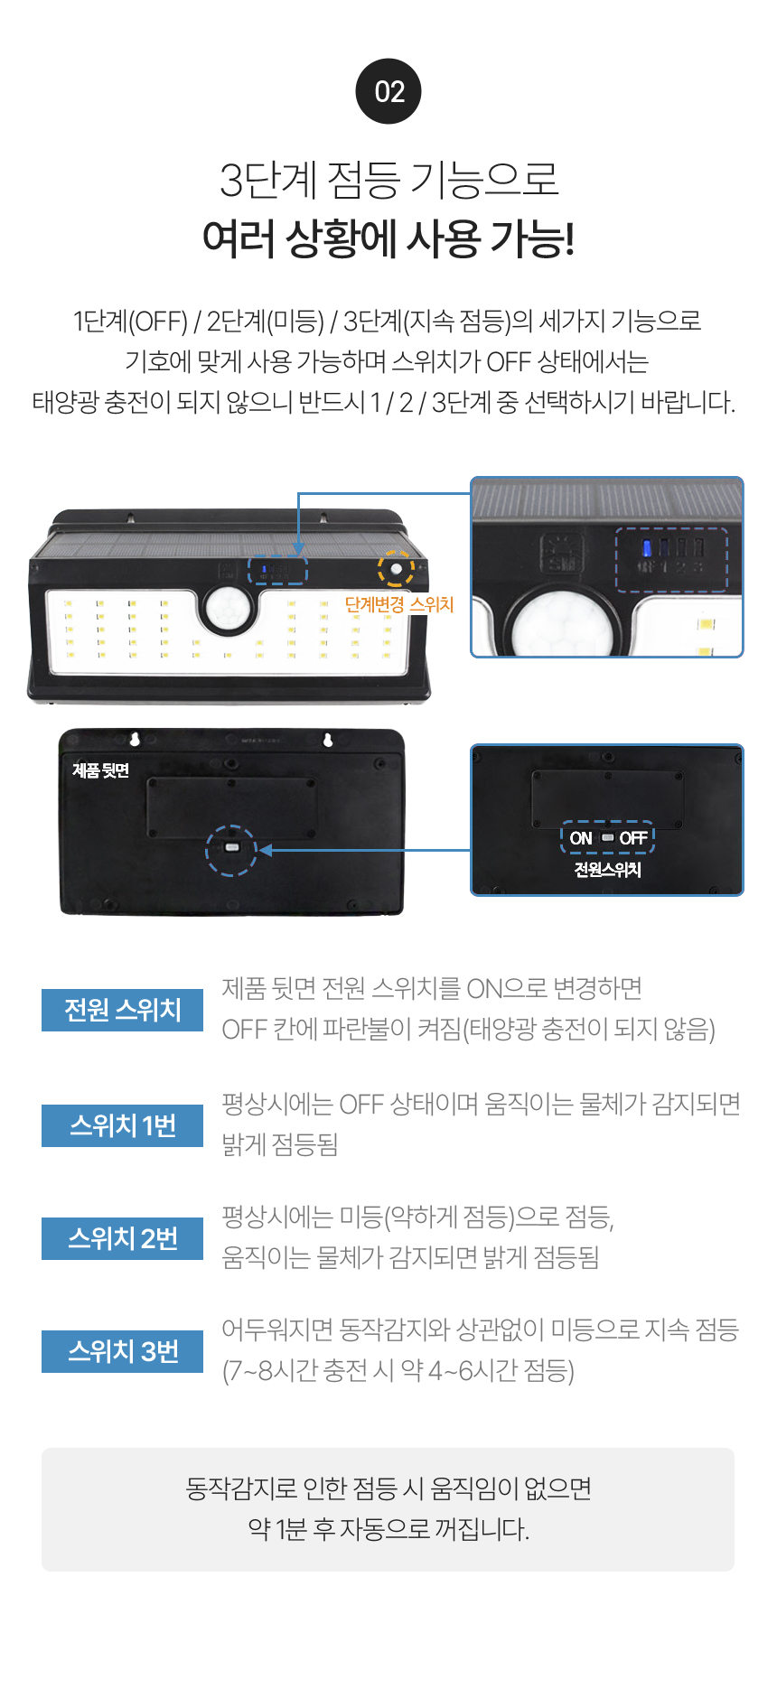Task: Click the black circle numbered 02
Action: point(388,91)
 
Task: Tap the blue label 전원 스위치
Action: point(122,1010)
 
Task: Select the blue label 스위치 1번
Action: point(122,1125)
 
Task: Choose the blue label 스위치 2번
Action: point(122,1238)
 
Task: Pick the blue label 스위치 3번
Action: point(122,1351)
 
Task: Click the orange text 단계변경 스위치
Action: point(399,604)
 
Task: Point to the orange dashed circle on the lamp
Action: point(396,568)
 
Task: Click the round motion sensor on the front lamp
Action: point(226,611)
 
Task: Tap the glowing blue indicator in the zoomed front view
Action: point(647,547)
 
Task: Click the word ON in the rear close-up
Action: point(581,838)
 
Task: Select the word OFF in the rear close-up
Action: point(632,838)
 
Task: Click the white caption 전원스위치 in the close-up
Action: point(607,869)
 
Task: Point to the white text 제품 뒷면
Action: point(101,770)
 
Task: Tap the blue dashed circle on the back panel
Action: point(231,850)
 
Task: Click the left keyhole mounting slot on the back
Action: point(136,740)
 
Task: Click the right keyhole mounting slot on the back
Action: point(327,740)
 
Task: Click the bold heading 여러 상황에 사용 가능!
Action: point(388,238)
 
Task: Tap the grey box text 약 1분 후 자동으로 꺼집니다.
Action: point(388,1529)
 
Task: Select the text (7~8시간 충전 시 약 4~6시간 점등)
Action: point(398,1371)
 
